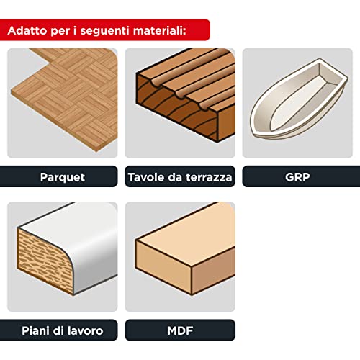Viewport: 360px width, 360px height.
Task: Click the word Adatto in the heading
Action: coord(28,32)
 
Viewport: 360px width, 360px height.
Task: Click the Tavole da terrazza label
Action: coord(179,177)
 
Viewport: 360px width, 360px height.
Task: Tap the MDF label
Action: coord(179,330)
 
